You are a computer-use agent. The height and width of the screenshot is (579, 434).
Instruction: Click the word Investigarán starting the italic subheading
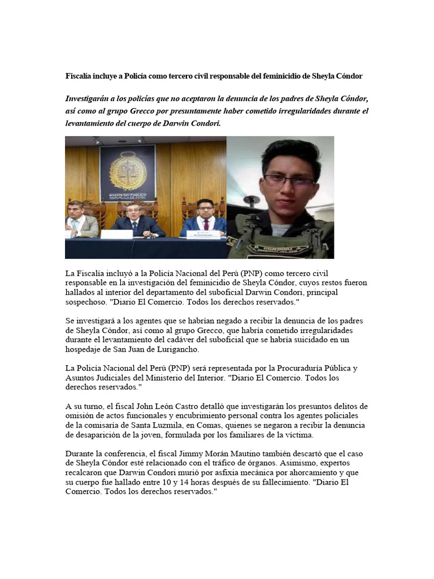pos(92,98)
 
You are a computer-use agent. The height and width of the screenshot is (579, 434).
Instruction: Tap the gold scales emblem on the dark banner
pos(127,170)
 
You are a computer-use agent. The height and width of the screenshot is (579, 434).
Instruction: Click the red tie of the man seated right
pos(206,225)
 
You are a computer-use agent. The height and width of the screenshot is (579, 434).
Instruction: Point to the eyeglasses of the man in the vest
pos(289,181)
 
